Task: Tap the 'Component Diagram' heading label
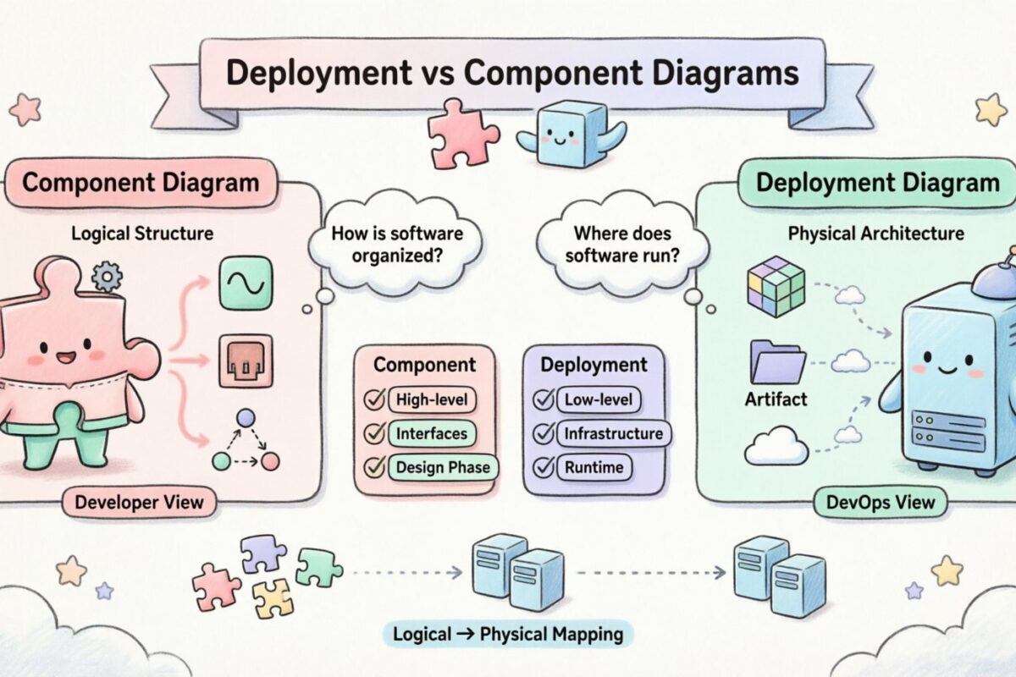point(140,183)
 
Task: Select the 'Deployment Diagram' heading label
point(876,183)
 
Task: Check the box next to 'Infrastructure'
point(543,434)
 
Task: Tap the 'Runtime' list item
point(593,467)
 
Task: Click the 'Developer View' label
point(139,503)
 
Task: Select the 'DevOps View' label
point(880,503)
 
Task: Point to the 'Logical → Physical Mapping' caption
point(507,634)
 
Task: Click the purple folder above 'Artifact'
point(776,361)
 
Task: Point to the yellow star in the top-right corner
point(991,109)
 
